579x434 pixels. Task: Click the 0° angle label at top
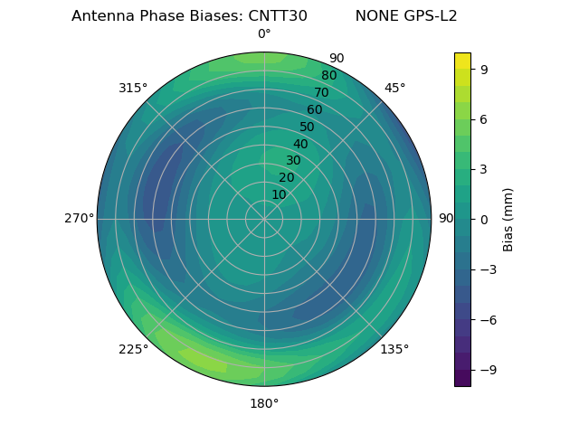tap(264, 34)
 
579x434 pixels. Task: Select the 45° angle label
tap(394, 88)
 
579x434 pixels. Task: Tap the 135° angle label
tap(394, 349)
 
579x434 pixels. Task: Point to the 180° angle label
tap(264, 403)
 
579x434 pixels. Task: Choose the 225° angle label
tap(133, 349)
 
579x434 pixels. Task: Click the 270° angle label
tap(79, 218)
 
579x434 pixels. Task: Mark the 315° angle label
tap(133, 88)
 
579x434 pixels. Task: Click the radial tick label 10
tap(279, 194)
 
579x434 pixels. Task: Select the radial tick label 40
tap(300, 144)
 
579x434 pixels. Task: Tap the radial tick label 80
tap(328, 76)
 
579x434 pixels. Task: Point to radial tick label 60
tap(314, 110)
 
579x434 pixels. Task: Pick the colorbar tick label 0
tap(485, 219)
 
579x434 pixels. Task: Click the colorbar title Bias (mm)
tap(508, 219)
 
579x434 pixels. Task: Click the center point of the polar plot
tap(264, 219)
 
